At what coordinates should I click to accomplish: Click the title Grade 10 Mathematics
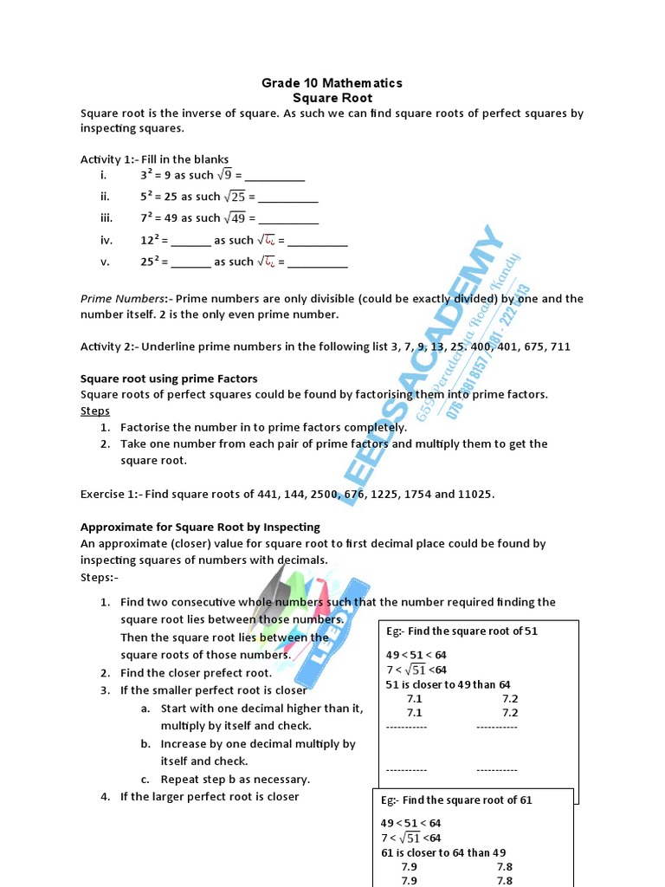[x=332, y=83]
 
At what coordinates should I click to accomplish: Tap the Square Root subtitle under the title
[x=332, y=98]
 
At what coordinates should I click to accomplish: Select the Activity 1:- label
[x=110, y=159]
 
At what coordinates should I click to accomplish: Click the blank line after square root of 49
[x=288, y=219]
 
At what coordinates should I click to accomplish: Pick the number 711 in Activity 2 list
[x=560, y=346]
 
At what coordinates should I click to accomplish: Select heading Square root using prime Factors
[x=169, y=379]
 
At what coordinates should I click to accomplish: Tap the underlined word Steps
[x=95, y=411]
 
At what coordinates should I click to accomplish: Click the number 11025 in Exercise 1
[x=475, y=494]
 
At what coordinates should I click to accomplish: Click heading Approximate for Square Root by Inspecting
[x=200, y=527]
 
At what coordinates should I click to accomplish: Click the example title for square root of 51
[x=462, y=631]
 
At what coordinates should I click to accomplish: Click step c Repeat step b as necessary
[x=235, y=779]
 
